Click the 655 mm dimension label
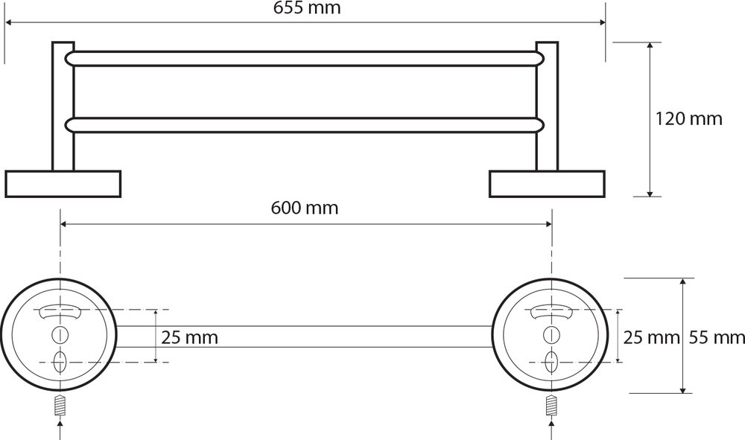click(307, 8)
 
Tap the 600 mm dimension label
click(305, 208)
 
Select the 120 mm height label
click(688, 118)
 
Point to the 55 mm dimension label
click(717, 337)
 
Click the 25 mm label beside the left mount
click(189, 337)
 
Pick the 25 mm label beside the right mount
click(651, 337)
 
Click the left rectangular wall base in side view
click(63, 184)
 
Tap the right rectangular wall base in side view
click(547, 184)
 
